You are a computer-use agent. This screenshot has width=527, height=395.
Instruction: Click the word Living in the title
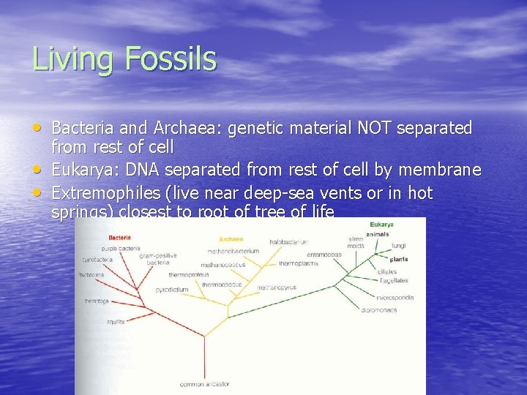68,59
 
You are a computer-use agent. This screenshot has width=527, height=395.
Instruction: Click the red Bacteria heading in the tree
120,237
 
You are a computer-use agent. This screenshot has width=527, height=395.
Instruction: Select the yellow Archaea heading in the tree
231,239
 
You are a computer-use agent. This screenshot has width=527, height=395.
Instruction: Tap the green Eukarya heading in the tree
381,225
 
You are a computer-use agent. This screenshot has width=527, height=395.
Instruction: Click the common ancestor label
204,383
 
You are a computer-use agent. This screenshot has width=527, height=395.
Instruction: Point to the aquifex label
116,321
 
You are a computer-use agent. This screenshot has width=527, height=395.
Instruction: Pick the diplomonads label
379,310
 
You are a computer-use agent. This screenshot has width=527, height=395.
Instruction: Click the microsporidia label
395,298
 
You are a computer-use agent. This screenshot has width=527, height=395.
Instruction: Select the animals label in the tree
378,234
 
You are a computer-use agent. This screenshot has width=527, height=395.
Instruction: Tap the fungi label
398,246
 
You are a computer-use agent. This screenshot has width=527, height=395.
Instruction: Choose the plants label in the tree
399,259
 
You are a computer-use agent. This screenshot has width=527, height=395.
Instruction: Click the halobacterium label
288,241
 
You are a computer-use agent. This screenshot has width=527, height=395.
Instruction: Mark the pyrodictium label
171,290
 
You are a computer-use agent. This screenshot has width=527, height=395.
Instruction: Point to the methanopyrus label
277,287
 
